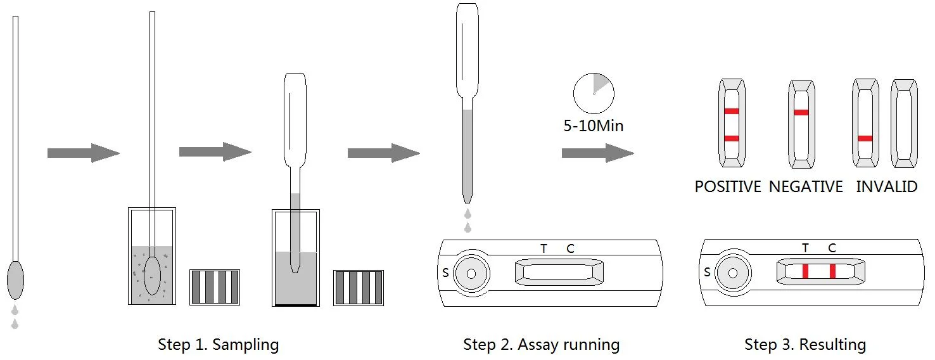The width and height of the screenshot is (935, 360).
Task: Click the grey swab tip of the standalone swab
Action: click(x=15, y=280)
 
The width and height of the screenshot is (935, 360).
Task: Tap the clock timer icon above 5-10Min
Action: click(x=594, y=93)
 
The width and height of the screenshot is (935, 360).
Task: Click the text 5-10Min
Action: click(x=594, y=126)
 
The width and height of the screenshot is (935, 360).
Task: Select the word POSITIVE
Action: click(x=728, y=187)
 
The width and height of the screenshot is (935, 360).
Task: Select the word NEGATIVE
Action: click(x=806, y=187)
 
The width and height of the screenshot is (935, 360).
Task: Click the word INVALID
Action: click(x=886, y=187)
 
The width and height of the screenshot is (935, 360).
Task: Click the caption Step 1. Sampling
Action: click(x=218, y=345)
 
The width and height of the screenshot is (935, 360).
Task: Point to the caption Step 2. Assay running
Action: click(x=541, y=345)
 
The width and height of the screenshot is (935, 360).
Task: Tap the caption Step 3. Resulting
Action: click(x=805, y=345)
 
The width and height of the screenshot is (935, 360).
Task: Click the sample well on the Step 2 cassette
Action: click(x=471, y=273)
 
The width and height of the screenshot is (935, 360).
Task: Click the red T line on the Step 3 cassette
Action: click(x=806, y=271)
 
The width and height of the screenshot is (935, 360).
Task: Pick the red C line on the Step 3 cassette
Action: click(x=832, y=271)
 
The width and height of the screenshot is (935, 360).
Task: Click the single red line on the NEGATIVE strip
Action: click(x=801, y=113)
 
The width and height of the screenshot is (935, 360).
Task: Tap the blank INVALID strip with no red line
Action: click(x=904, y=124)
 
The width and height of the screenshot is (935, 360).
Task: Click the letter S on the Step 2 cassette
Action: click(x=445, y=273)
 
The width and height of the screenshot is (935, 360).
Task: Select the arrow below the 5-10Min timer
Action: click(x=597, y=153)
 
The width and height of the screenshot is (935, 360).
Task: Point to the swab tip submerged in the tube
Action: click(x=152, y=276)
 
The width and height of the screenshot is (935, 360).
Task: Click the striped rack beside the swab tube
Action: click(x=215, y=287)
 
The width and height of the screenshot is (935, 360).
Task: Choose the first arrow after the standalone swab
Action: click(x=83, y=153)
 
